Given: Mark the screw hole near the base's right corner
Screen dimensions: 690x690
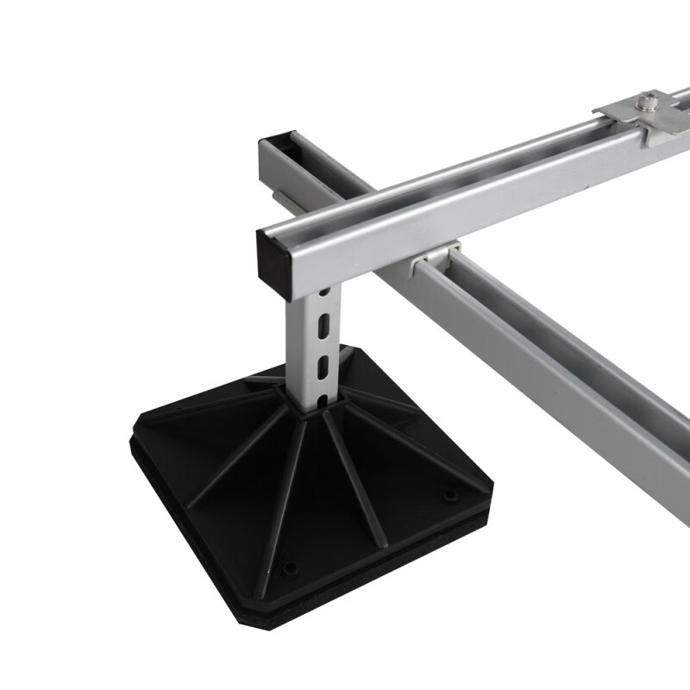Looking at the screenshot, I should (x=449, y=495).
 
